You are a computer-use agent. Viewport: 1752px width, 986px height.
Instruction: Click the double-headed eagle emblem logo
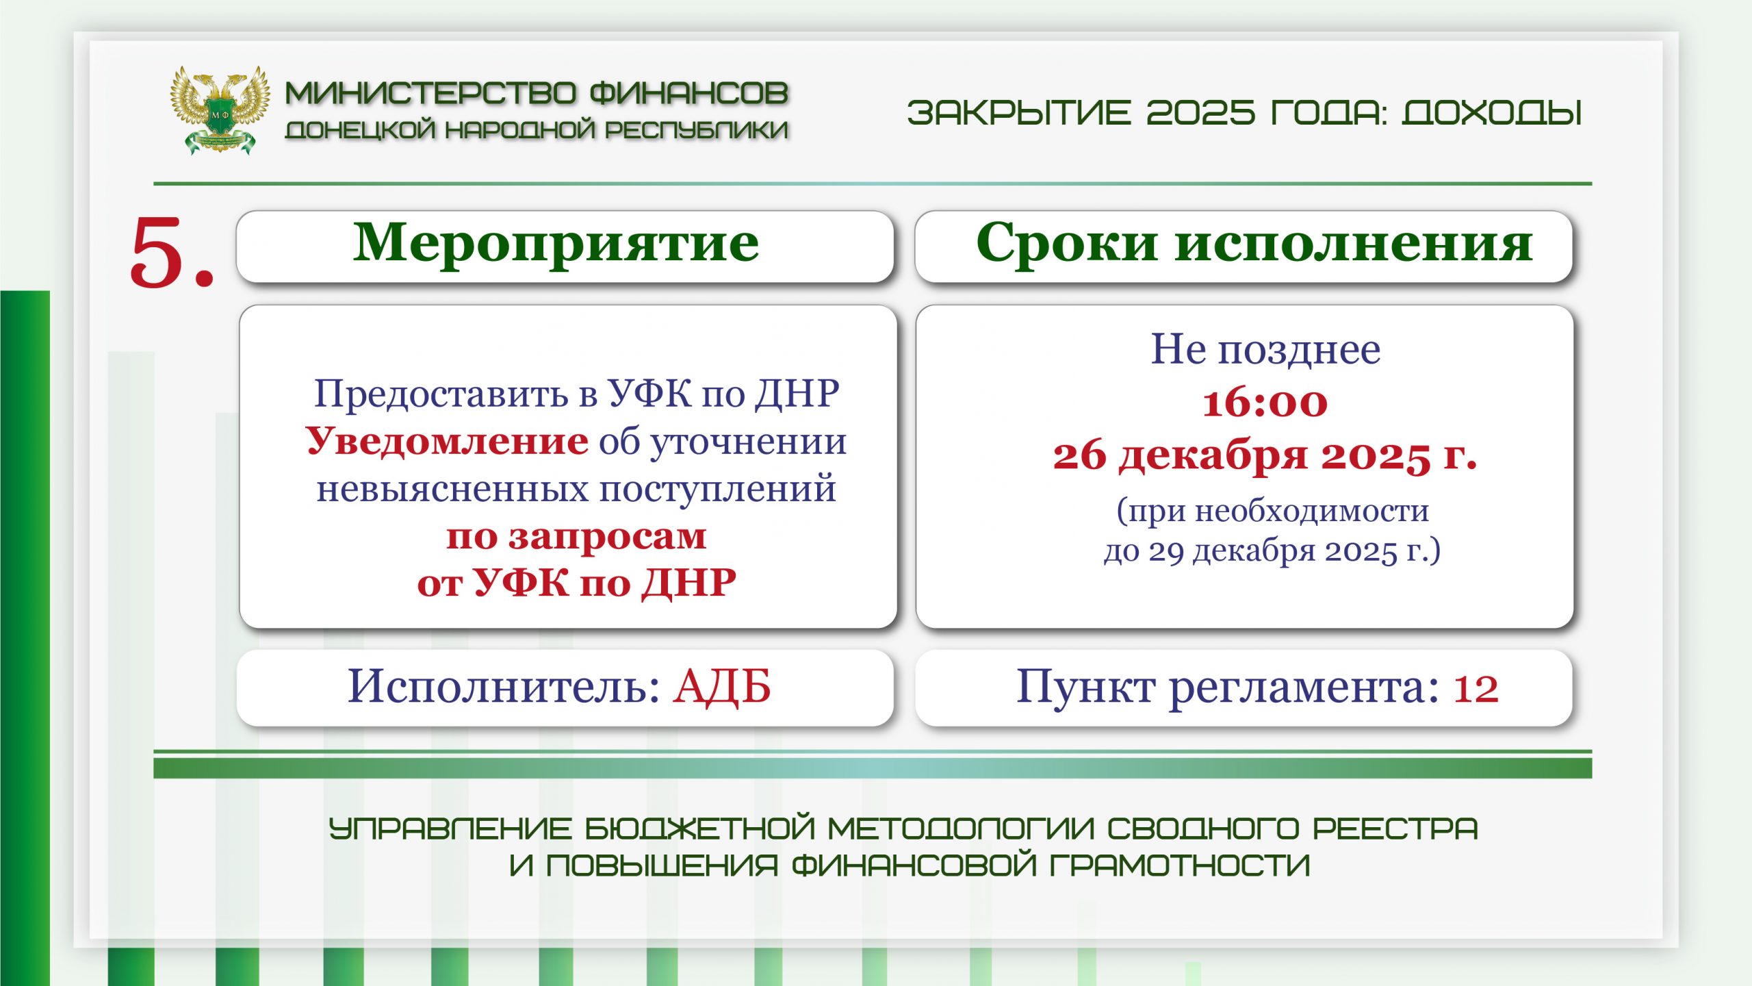(219, 110)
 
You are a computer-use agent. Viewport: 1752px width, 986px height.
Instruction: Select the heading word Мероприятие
(556, 244)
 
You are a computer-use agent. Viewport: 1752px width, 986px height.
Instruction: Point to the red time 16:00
(1265, 403)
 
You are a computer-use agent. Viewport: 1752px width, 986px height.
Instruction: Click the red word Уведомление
(447, 441)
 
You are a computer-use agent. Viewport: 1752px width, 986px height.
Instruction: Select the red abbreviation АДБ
(722, 686)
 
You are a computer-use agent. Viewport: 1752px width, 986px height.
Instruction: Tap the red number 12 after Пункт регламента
(1476, 689)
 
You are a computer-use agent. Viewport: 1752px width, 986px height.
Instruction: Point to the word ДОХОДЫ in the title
(1492, 113)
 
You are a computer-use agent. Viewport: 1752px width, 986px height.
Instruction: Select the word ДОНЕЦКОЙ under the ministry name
(360, 129)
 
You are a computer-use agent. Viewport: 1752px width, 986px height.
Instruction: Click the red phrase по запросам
(576, 536)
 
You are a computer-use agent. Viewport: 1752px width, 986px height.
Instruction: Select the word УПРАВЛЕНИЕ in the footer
(450, 829)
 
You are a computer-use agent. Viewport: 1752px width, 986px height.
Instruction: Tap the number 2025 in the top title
(1200, 113)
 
